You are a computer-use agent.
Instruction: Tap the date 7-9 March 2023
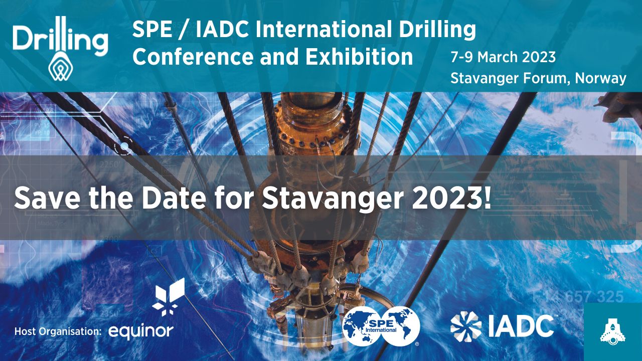coord(503,57)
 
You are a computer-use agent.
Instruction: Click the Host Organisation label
coord(58,331)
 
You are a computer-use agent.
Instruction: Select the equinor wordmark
coord(141,330)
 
